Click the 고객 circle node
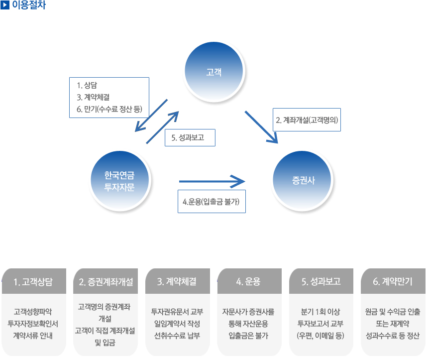pos(214,72)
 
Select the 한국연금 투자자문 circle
pos(120,181)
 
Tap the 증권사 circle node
pos(302,181)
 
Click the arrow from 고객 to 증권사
pos(261,127)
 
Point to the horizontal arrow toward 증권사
pos(212,181)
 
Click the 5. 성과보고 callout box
pos(190,137)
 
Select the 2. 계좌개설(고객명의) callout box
pos(307,120)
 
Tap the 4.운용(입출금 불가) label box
pos(212,201)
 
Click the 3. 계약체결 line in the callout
pos(93,97)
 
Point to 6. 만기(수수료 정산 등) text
pos(109,109)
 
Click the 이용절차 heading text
pos(29,5)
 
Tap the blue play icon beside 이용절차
pos(5,5)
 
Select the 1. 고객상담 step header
pos(34,281)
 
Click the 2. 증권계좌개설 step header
pos(106,281)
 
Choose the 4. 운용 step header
pos(249,281)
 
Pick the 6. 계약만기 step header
pos(393,281)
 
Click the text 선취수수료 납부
pos(177,336)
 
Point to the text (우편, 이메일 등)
pos(321,336)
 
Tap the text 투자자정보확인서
pos(33,324)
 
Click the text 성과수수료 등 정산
pos(393,336)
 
